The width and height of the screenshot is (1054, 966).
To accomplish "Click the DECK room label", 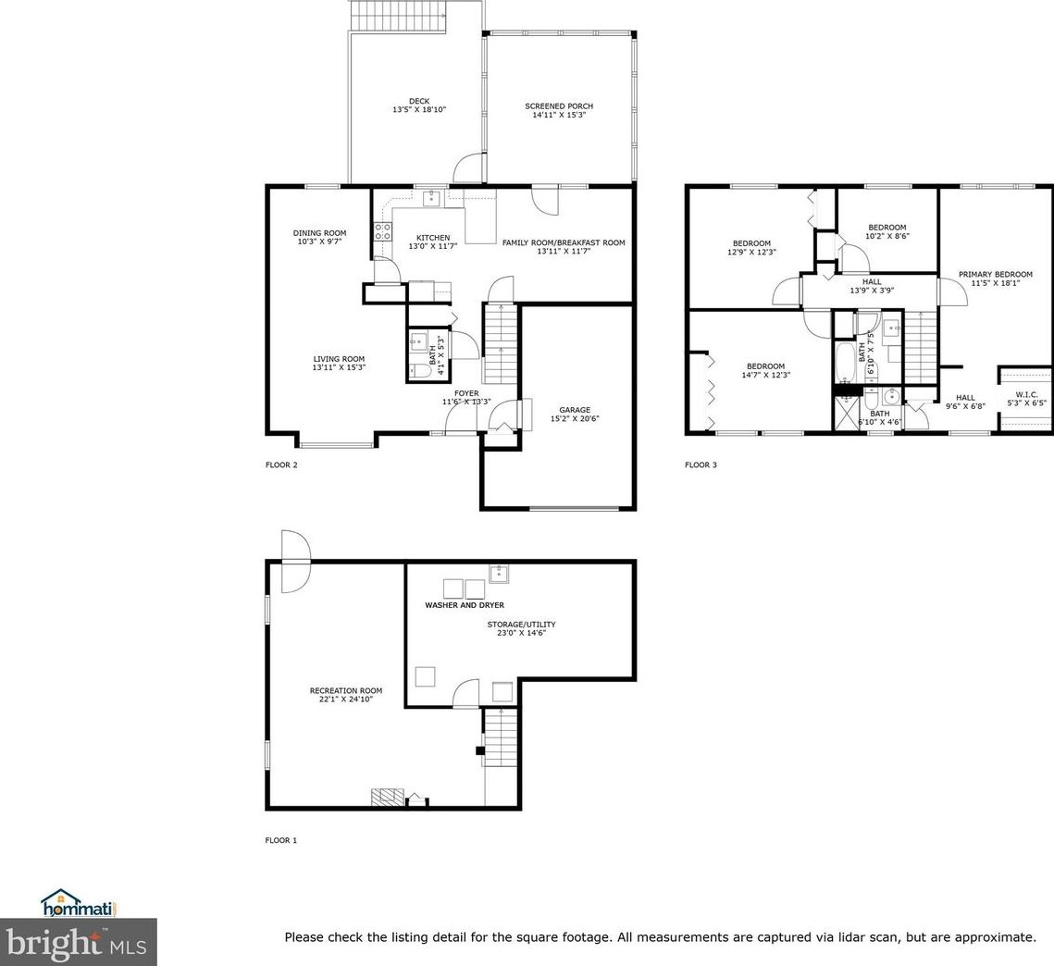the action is [x=419, y=102].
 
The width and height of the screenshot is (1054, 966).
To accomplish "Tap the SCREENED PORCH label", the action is [x=559, y=106].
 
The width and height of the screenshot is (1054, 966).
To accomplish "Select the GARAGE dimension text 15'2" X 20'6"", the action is [x=575, y=419].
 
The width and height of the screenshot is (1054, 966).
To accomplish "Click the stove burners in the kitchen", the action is [x=383, y=232].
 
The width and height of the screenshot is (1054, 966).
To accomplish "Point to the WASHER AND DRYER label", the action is [x=465, y=605].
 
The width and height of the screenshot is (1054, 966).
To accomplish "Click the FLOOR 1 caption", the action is [x=281, y=840].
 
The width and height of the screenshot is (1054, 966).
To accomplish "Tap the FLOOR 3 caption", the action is [x=701, y=464].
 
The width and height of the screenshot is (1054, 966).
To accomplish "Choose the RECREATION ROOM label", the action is [x=346, y=690].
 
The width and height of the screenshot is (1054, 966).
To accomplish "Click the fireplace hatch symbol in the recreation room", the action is [x=389, y=797].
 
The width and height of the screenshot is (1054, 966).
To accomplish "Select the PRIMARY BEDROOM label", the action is [x=996, y=274].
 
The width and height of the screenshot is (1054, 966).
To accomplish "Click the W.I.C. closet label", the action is [x=1026, y=394].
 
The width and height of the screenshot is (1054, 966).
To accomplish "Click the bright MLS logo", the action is [x=79, y=943].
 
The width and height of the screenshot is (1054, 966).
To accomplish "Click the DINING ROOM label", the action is [x=320, y=233].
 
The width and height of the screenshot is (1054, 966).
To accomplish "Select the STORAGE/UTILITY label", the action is [x=522, y=625].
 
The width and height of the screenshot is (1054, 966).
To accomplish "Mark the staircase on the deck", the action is [x=399, y=16].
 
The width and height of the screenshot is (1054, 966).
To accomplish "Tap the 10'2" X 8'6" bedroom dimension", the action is [x=887, y=236].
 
